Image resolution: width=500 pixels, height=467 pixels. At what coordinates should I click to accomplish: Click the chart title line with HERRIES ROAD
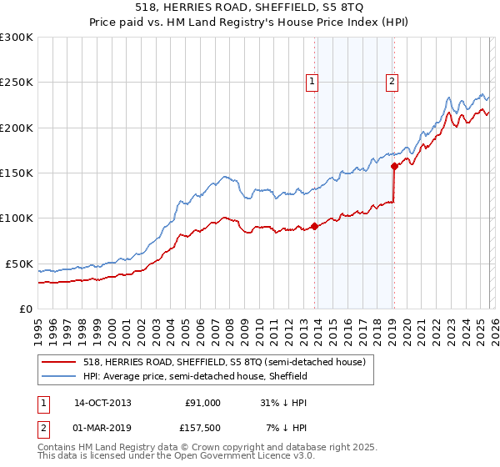click(x=250, y=9)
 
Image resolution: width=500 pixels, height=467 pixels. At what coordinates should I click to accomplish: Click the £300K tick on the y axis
click(x=17, y=38)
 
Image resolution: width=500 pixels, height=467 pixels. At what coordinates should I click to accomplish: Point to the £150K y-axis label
click(x=17, y=173)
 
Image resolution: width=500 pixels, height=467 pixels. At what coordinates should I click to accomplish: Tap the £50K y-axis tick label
click(x=19, y=264)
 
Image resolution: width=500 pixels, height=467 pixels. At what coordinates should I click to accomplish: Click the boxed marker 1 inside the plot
click(x=312, y=82)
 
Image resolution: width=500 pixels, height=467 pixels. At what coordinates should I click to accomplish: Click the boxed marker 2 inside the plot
click(x=391, y=82)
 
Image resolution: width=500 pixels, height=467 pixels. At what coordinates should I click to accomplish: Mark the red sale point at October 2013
click(x=314, y=225)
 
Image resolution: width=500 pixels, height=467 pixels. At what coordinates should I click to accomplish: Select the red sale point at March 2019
click(x=393, y=165)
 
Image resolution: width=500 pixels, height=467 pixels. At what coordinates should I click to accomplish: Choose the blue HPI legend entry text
click(x=196, y=376)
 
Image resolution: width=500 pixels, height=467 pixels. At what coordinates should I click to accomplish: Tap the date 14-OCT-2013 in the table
click(x=102, y=403)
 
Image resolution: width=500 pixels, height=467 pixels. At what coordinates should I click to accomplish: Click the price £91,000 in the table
click(x=202, y=403)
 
